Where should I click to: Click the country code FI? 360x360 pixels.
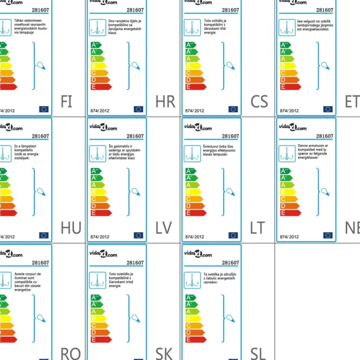coord(66,102)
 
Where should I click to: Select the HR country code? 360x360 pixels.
coord(165,102)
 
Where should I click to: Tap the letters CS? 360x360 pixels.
coord(259,102)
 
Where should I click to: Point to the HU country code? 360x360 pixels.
coord(71,228)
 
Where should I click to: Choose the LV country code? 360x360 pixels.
coord(163,228)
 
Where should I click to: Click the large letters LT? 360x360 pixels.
coord(257,228)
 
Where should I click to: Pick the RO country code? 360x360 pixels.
coord(70,354)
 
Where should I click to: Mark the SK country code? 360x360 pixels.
coord(164,354)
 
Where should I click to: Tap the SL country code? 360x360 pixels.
coord(258,354)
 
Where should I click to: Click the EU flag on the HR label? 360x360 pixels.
coord(138,109)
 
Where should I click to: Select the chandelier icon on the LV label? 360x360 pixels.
coord(97,153)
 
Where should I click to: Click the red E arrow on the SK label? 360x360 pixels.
coord(101,339)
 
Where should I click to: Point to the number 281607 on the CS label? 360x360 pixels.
coord(230,10)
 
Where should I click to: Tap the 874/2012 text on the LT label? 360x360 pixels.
coord(195,237)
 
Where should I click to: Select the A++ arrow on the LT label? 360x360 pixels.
coord(191,171)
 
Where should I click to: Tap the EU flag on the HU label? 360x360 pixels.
coord(44,235)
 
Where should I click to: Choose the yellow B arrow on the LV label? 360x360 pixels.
coord(99,192)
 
